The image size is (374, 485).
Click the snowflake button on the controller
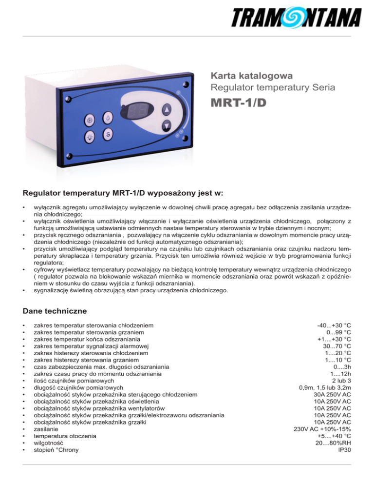90,119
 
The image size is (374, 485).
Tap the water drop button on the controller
108,117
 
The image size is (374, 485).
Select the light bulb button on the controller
90,137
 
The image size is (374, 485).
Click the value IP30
344,449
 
